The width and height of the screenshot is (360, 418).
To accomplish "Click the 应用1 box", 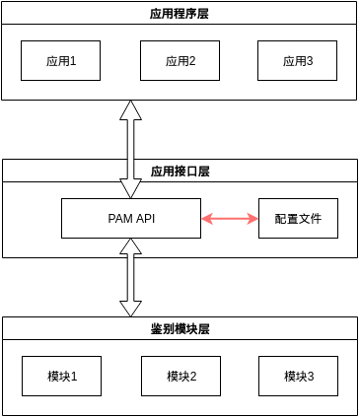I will pyautogui.click(x=61, y=60).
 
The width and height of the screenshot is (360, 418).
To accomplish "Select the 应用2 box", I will pyautogui.click(x=180, y=60).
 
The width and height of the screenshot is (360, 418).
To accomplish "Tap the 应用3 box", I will pyautogui.click(x=298, y=60).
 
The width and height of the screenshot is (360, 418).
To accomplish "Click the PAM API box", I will pyautogui.click(x=131, y=218).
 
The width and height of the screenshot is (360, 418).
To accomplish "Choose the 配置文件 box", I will pyautogui.click(x=298, y=218).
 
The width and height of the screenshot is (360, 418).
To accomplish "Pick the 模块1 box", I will pyautogui.click(x=61, y=376).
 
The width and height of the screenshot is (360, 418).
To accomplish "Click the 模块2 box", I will pyautogui.click(x=180, y=376).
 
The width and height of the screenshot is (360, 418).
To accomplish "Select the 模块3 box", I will pyautogui.click(x=298, y=376).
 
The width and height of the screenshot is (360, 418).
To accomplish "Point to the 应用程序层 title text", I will pyautogui.click(x=180, y=13).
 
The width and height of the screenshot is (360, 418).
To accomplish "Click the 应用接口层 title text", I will pyautogui.click(x=180, y=171).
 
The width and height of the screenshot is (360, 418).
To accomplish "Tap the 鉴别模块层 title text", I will pyautogui.click(x=180, y=328).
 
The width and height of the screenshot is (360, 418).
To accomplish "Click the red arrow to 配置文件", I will pyautogui.click(x=230, y=218).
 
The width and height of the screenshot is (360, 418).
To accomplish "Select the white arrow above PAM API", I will pyautogui.click(x=130, y=148).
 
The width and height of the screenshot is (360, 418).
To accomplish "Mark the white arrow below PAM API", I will pyautogui.click(x=130, y=277).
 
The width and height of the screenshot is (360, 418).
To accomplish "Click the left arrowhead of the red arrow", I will pyautogui.click(x=207, y=218).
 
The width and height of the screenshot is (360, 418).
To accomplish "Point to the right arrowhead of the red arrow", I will pyautogui.click(x=252, y=218).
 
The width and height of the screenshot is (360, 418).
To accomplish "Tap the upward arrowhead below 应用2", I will pyautogui.click(x=130, y=109).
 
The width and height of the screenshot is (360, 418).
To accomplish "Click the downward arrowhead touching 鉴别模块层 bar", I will pyautogui.click(x=130, y=309).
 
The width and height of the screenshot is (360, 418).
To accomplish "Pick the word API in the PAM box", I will pyautogui.click(x=144, y=218).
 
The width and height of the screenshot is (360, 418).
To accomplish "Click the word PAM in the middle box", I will pyautogui.click(x=119, y=218).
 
